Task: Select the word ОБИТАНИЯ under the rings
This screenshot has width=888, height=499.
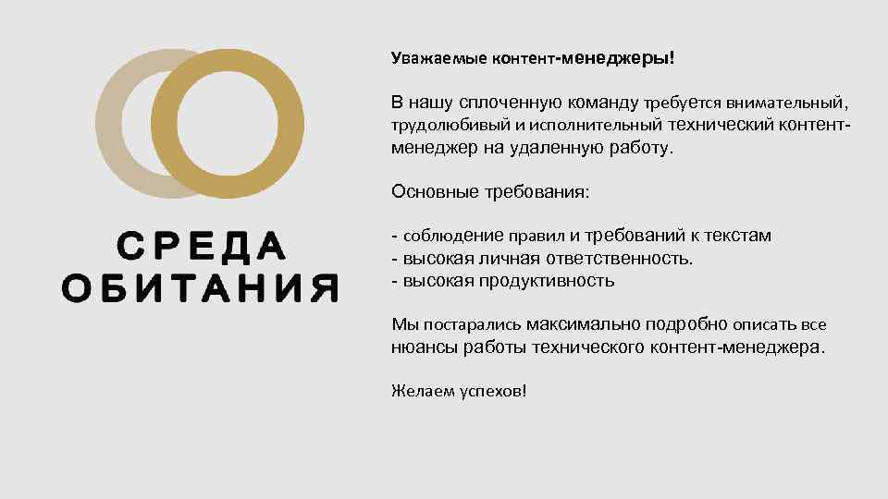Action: (x=200, y=287)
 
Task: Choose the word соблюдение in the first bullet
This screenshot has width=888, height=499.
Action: (x=442, y=237)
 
